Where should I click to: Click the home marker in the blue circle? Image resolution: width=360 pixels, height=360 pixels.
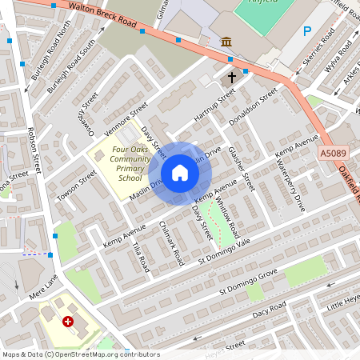[180, 173]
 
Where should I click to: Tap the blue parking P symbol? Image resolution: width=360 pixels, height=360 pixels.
[306, 31]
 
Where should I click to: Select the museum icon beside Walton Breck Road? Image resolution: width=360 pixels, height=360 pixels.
[226, 41]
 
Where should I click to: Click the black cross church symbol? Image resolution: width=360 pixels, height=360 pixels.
[232, 78]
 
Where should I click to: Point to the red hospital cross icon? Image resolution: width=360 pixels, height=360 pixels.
[68, 321]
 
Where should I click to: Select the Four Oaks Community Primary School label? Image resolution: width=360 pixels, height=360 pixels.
[130, 163]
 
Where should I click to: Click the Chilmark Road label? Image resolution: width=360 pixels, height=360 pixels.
[172, 244]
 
